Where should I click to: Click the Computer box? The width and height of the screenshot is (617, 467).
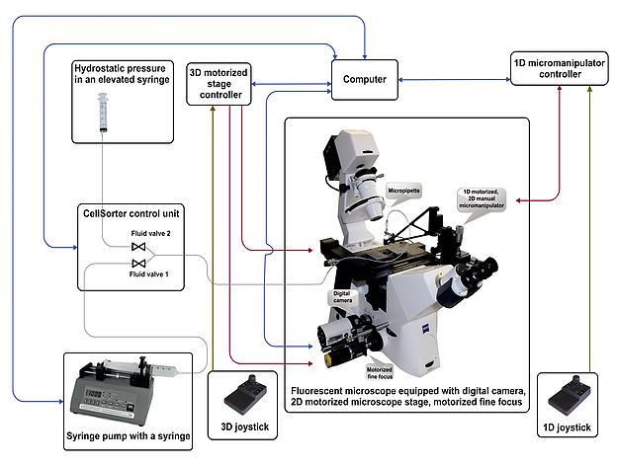363,79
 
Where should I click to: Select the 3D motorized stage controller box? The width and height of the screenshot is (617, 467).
220,83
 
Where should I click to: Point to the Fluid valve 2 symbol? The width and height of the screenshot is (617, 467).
138,246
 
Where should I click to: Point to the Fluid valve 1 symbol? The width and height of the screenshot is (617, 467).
138,264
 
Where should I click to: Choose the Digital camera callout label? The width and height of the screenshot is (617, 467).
340,296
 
